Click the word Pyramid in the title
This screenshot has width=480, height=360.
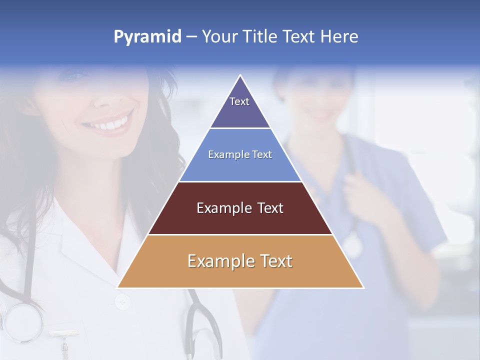(x=147, y=37)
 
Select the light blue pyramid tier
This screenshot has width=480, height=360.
(x=240, y=167)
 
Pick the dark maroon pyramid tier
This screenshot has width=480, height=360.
(x=240, y=220)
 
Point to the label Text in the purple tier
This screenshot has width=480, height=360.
(x=239, y=101)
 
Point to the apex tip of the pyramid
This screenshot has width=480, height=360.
(x=240, y=76)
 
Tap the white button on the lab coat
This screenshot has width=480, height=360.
(x=121, y=301)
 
